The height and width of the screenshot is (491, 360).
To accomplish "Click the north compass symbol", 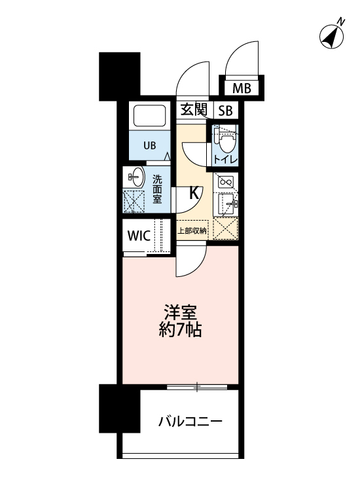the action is pyautogui.click(x=332, y=35).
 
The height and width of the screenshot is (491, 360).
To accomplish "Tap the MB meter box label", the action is pyautogui.click(x=242, y=88).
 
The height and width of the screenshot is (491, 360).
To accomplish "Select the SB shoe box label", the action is pyautogui.click(x=225, y=111).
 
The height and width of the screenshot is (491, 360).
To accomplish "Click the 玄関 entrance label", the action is pyautogui.click(x=194, y=110).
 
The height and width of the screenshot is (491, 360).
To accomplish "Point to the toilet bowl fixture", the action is pyautogui.click(x=226, y=141).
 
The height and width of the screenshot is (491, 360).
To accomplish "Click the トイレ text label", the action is pyautogui.click(x=225, y=160).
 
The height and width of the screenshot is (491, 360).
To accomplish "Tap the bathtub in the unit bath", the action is pyautogui.click(x=150, y=115).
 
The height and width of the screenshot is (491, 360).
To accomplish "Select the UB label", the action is pyautogui.click(x=150, y=145).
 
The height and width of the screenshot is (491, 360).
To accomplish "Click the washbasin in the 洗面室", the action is pyautogui.click(x=136, y=177).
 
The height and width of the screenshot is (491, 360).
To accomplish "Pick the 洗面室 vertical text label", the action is pyautogui.click(x=157, y=189).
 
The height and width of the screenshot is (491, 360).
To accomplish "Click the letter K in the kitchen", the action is pyautogui.click(x=194, y=193).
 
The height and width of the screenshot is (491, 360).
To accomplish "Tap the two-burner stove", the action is pyautogui.click(x=226, y=182).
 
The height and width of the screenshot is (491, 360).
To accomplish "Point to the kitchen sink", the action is pyautogui.click(x=226, y=204).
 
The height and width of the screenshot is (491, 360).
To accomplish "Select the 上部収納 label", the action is pyautogui.click(x=192, y=231).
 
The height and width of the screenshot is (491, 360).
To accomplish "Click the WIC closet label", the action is pyautogui.click(x=139, y=236).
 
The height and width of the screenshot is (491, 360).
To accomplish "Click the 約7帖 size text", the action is pyautogui.click(x=180, y=330).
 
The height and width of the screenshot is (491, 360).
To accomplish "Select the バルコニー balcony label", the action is pyautogui.click(x=190, y=422).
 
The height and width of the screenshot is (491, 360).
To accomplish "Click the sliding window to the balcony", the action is pyautogui.click(x=197, y=388).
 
